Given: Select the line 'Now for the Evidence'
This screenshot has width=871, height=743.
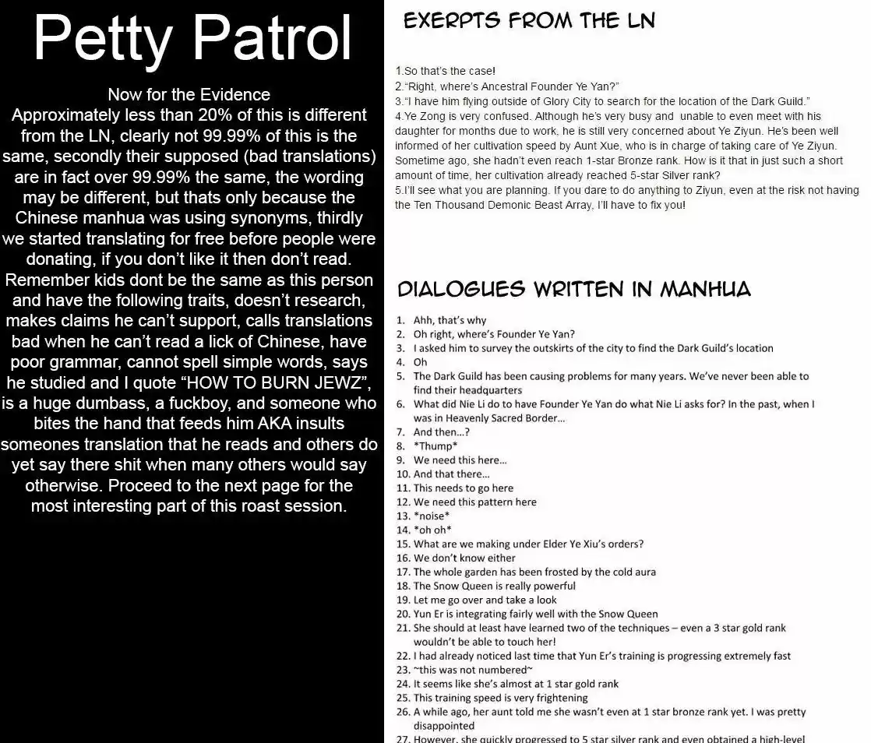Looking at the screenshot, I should point(189,95).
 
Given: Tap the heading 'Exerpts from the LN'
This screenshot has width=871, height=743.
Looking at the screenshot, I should point(529,21).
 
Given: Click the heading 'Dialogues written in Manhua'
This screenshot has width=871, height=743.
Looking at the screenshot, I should point(574,290).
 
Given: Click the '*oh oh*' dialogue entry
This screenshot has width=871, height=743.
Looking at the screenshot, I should point(432,530).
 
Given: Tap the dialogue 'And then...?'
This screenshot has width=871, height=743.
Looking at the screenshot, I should point(441,432).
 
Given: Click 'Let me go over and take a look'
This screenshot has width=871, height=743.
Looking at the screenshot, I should point(485,600).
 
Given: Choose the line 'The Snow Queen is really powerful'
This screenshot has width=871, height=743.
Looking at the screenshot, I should point(494,586).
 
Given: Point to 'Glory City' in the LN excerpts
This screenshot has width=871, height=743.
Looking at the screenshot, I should point(598,102).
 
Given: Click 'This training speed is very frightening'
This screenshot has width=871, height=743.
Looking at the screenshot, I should point(500,698).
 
